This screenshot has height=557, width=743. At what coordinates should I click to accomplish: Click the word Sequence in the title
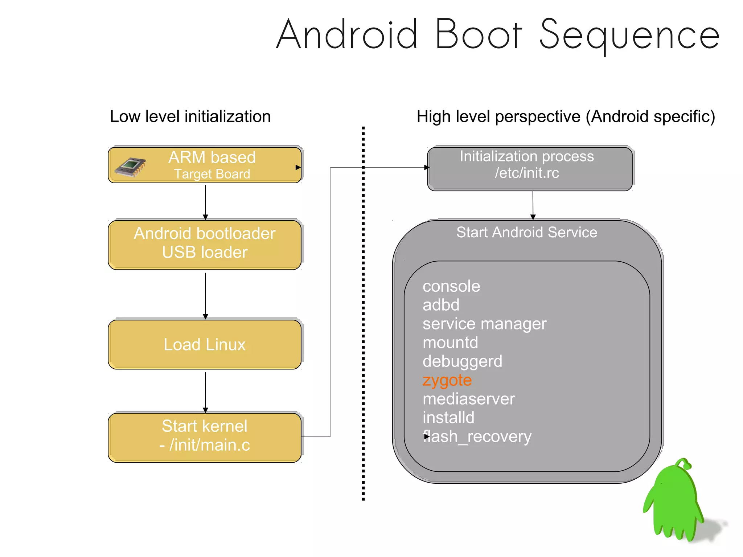pyautogui.click(x=629, y=35)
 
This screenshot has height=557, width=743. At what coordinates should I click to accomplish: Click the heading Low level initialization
pyautogui.click(x=190, y=116)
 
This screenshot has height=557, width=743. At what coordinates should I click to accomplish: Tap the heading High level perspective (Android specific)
pyautogui.click(x=566, y=116)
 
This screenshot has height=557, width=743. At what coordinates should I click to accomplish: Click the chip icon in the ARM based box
pyautogui.click(x=130, y=167)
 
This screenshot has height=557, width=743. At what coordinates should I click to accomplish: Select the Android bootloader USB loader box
pyautogui.click(x=205, y=244)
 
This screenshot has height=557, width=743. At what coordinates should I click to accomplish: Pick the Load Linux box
pyautogui.click(x=205, y=344)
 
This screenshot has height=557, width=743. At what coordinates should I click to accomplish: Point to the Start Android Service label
pyautogui.click(x=526, y=232)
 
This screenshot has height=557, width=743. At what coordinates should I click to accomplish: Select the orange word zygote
pyautogui.click(x=447, y=380)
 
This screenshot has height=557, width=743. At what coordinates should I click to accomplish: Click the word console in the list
pyautogui.click(x=451, y=286)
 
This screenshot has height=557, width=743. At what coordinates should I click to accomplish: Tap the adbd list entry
pyautogui.click(x=441, y=305)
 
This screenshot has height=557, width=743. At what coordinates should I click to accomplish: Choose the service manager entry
pyautogui.click(x=484, y=324)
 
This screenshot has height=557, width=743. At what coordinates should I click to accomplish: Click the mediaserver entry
pyautogui.click(x=469, y=399)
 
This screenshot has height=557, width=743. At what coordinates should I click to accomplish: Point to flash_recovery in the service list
pyautogui.click(x=477, y=436)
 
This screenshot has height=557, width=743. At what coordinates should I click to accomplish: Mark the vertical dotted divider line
pyautogui.click(x=363, y=312)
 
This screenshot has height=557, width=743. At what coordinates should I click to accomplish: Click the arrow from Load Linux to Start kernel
pyautogui.click(x=205, y=392)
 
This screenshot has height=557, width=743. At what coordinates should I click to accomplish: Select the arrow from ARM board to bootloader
pyautogui.click(x=205, y=202)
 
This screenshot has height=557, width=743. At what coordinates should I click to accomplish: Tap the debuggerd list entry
pyautogui.click(x=462, y=361)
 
